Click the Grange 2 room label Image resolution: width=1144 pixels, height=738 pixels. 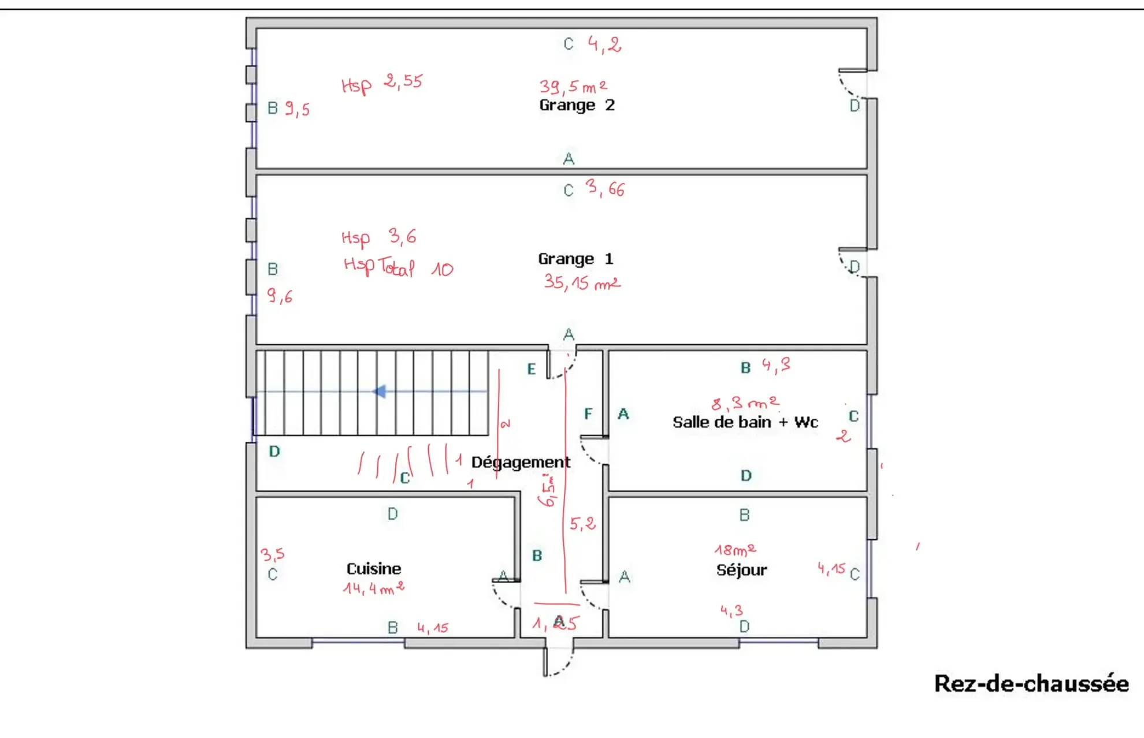click(577, 105)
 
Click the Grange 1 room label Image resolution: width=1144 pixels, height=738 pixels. click(575, 259)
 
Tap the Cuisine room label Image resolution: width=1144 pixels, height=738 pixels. click(373, 569)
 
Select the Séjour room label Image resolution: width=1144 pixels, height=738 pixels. click(741, 570)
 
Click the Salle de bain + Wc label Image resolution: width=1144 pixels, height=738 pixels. click(745, 422)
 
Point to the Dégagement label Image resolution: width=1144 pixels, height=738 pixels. click(520, 462)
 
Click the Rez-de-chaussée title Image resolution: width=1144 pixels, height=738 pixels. click(1031, 684)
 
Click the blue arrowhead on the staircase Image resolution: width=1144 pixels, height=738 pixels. click(380, 392)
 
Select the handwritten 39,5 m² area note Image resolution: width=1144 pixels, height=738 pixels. click(573, 87)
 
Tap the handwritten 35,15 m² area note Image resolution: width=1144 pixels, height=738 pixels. click(581, 282)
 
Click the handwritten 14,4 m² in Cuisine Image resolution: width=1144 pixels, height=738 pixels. click(373, 588)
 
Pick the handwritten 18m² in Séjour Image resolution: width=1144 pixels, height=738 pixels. click(735, 550)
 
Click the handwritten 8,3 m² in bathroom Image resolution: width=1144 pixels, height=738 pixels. click(745, 402)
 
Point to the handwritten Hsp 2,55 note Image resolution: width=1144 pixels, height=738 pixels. click(382, 83)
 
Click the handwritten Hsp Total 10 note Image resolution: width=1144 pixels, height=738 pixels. click(398, 267)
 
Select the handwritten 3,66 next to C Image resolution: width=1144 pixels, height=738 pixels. click(605, 188)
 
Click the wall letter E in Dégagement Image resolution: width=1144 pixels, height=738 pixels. click(532, 369)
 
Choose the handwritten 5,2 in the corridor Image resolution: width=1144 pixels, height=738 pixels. click(582, 524)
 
